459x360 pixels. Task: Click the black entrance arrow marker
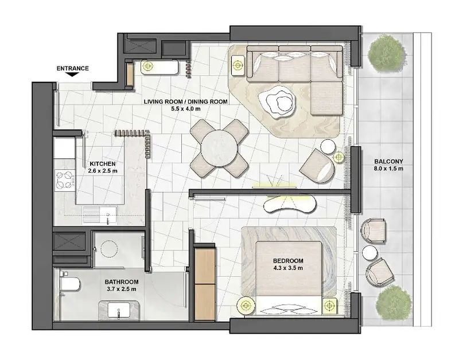(72, 75)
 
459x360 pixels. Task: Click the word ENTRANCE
(73, 68)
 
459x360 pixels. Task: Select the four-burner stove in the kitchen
(65, 179)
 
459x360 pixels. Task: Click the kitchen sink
(99, 215)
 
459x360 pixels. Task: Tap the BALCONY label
(389, 162)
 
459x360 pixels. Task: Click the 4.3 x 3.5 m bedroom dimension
(289, 268)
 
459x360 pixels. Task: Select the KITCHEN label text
(103, 164)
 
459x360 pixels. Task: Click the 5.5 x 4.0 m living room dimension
(186, 109)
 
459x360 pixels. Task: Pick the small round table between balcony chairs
(369, 252)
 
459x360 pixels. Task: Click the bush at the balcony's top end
(387, 54)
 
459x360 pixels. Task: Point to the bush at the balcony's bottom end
(392, 304)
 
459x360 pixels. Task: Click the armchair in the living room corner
(317, 166)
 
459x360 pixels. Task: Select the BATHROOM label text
(122, 282)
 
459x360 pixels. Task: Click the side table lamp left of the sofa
(239, 64)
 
